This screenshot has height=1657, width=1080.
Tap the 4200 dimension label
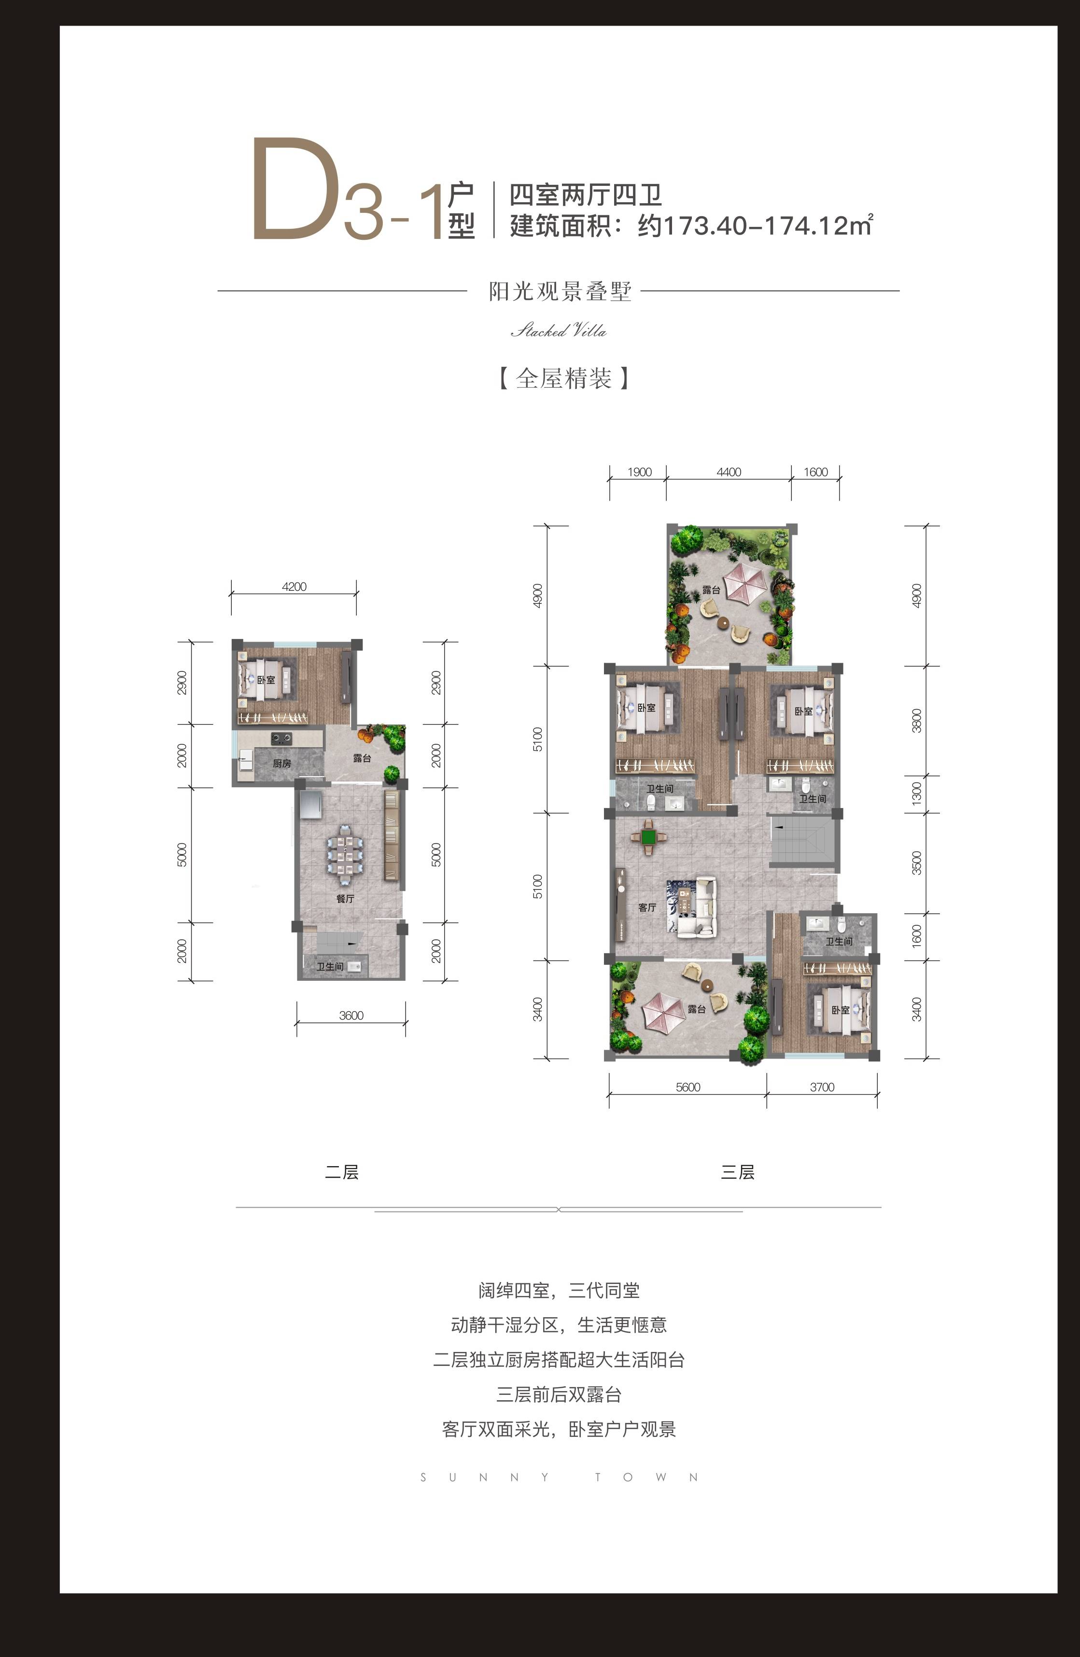[294, 587]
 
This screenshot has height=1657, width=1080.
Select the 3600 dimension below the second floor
[351, 1016]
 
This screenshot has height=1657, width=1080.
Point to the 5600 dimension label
[688, 1087]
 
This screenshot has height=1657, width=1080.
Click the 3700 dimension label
[822, 1087]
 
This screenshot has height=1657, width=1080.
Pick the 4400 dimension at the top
[729, 472]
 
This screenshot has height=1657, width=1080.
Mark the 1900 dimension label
[639, 472]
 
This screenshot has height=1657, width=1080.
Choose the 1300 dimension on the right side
[916, 794]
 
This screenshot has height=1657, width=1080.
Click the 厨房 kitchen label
[282, 764]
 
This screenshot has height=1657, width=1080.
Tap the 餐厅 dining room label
[345, 899]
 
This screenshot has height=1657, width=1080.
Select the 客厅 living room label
[647, 908]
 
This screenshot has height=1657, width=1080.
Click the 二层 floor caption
[342, 1172]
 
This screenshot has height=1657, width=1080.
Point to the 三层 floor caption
[737, 1172]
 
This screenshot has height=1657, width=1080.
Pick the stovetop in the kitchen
[281, 738]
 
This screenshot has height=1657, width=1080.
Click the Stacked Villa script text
[559, 331]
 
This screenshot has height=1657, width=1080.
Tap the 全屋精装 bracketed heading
[563, 379]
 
